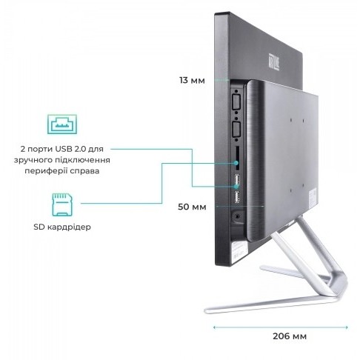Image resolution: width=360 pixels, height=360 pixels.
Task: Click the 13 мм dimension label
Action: click(x=192, y=80)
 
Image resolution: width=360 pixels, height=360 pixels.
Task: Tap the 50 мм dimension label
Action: click(x=192, y=207)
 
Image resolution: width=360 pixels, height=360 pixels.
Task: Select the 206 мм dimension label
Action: click(x=290, y=336)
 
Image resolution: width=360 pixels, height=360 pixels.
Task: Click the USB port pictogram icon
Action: click(x=62, y=124)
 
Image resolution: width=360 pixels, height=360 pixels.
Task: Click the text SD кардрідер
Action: click(x=62, y=227)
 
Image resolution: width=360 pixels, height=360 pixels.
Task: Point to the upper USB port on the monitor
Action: click(x=237, y=180)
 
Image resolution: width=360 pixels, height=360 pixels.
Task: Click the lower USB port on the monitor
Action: click(x=237, y=197)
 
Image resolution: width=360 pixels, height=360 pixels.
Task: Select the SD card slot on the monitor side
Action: click(x=237, y=158)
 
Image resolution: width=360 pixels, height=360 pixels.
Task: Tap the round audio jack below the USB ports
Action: click(x=237, y=216)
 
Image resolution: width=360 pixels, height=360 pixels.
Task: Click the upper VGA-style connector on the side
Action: click(x=236, y=101)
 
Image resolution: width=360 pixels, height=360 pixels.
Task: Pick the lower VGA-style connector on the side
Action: click(x=236, y=130)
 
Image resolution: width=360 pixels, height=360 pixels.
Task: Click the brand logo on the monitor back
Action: click(x=273, y=61)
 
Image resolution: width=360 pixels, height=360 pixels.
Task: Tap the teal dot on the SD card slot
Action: click(x=236, y=163)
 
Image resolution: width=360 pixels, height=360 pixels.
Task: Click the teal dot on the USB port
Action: click(x=236, y=187)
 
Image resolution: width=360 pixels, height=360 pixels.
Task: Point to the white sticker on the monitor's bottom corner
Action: click(x=239, y=252)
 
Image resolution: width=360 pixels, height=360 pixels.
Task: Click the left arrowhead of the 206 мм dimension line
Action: click(x=214, y=327)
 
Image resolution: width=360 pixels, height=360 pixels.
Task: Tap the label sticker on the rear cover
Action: click(x=313, y=197)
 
